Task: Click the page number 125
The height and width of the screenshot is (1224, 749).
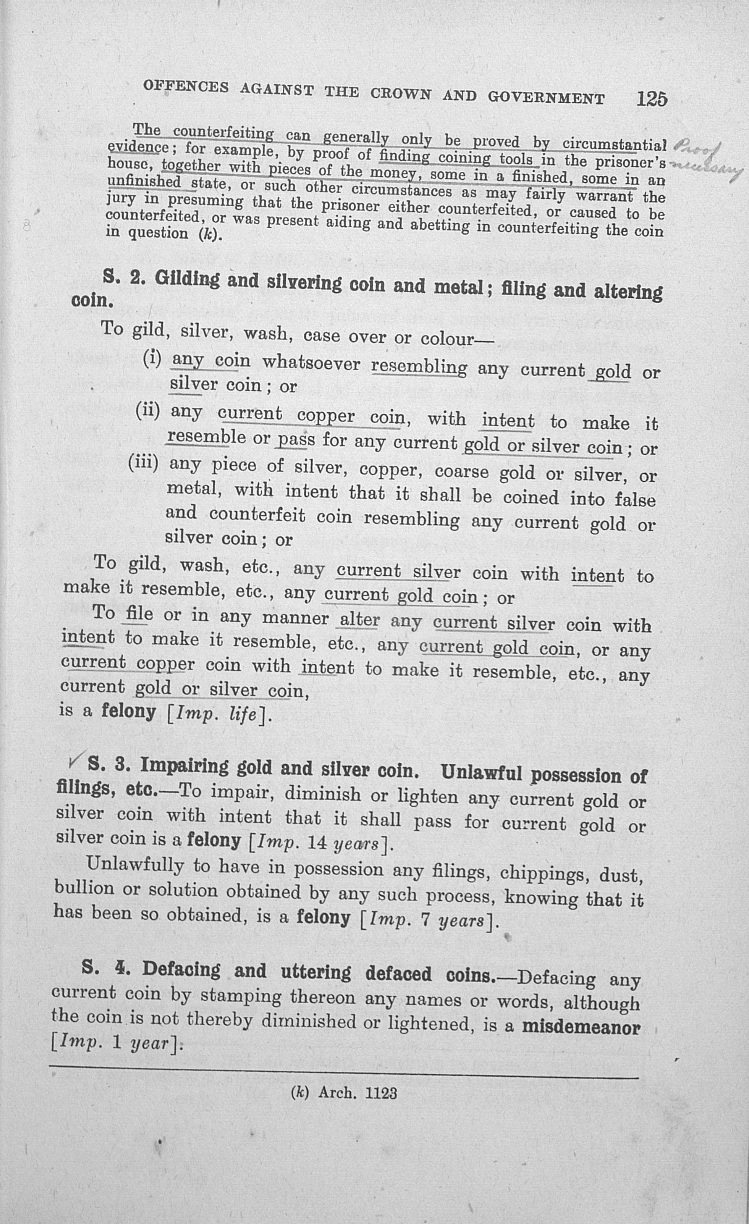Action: [652, 99]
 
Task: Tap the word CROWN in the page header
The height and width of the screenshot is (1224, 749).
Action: [401, 94]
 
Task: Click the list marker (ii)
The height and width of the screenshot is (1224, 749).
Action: [148, 410]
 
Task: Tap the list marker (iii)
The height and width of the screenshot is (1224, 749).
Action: [143, 463]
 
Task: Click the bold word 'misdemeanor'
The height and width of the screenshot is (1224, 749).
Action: [581, 1027]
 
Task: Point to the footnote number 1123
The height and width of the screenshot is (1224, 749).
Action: [381, 1093]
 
